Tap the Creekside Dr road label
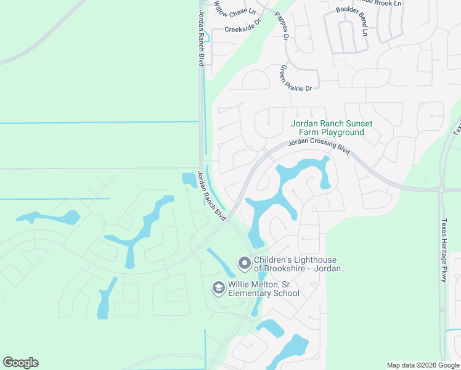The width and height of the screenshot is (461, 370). pyautogui.click(x=243, y=29)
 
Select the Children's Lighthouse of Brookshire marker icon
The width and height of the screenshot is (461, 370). pyautogui.click(x=245, y=264)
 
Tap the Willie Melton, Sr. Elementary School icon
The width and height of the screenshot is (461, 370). pyautogui.click(x=218, y=287)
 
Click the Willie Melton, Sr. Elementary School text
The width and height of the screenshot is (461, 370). pyautogui.click(x=264, y=289)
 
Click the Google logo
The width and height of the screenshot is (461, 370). pyautogui.click(x=20, y=363)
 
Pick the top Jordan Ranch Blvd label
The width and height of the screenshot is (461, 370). pyautogui.click(x=201, y=38)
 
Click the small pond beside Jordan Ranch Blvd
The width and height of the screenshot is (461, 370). pyautogui.click(x=189, y=180)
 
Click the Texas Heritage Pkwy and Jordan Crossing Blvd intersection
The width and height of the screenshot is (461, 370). pyautogui.click(x=441, y=189)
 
